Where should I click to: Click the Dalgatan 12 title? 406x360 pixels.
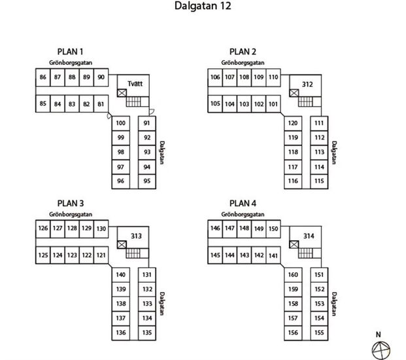pyautogui.click(x=203, y=7)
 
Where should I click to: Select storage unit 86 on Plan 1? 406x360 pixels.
pyautogui.click(x=43, y=77)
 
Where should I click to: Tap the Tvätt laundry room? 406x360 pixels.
pyautogui.click(x=136, y=84)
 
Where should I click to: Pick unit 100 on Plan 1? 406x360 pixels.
pyautogui.click(x=121, y=124)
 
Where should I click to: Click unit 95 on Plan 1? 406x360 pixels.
pyautogui.click(x=147, y=181)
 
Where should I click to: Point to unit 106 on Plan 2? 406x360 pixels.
pyautogui.click(x=215, y=77)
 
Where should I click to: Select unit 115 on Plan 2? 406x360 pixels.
pyautogui.click(x=319, y=181)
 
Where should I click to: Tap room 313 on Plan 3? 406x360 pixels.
pyautogui.click(x=136, y=236)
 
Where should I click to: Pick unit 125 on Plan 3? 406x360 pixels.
pyautogui.click(x=43, y=255)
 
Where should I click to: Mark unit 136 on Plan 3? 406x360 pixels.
pyautogui.click(x=121, y=333)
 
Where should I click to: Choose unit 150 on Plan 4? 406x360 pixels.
pyautogui.click(x=273, y=228)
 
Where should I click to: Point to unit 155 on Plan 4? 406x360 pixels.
pyautogui.click(x=319, y=333)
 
